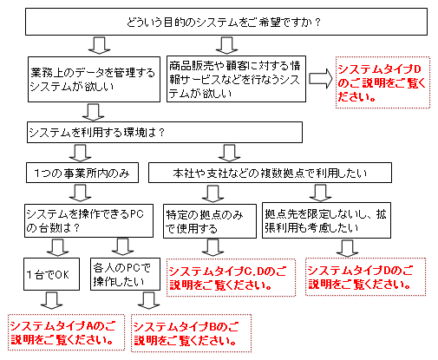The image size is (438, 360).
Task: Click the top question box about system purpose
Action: click(x=226, y=22)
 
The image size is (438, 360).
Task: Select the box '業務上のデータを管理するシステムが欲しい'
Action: click(x=94, y=79)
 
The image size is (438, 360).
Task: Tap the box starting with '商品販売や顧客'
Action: click(x=236, y=79)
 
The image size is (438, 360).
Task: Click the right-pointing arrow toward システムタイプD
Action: click(x=321, y=78)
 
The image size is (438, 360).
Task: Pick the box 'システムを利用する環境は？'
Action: click(x=165, y=132)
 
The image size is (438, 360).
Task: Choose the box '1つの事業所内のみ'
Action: click(x=82, y=173)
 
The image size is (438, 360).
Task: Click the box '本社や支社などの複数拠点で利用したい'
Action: click(x=270, y=173)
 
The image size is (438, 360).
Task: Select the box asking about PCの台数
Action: click(x=88, y=221)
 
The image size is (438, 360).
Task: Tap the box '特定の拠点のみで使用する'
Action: click(x=210, y=221)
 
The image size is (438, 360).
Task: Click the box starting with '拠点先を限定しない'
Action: click(x=326, y=220)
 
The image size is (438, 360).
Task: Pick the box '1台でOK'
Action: click(x=51, y=274)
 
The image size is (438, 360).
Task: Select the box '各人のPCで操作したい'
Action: click(x=125, y=274)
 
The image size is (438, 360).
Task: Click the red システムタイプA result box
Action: click(x=66, y=332)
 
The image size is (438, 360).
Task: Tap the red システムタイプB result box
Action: click(x=191, y=333)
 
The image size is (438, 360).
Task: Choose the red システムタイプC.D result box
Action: click(x=231, y=278)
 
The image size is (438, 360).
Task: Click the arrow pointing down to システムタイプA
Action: click(x=52, y=301)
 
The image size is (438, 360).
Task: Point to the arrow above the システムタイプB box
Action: click(x=149, y=301)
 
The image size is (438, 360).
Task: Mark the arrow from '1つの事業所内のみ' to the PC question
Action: click(x=81, y=193)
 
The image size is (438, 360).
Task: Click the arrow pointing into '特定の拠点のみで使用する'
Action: click(x=213, y=193)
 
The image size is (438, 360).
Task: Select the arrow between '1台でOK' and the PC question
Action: click(x=57, y=247)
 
